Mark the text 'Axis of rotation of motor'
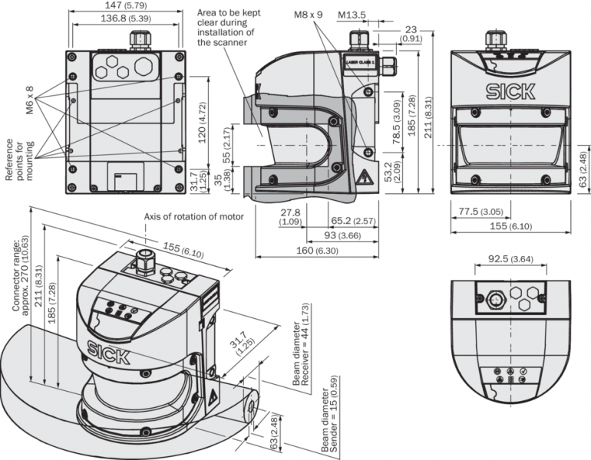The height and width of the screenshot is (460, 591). coord(193,217)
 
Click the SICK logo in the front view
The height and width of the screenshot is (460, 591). coord(510,92)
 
